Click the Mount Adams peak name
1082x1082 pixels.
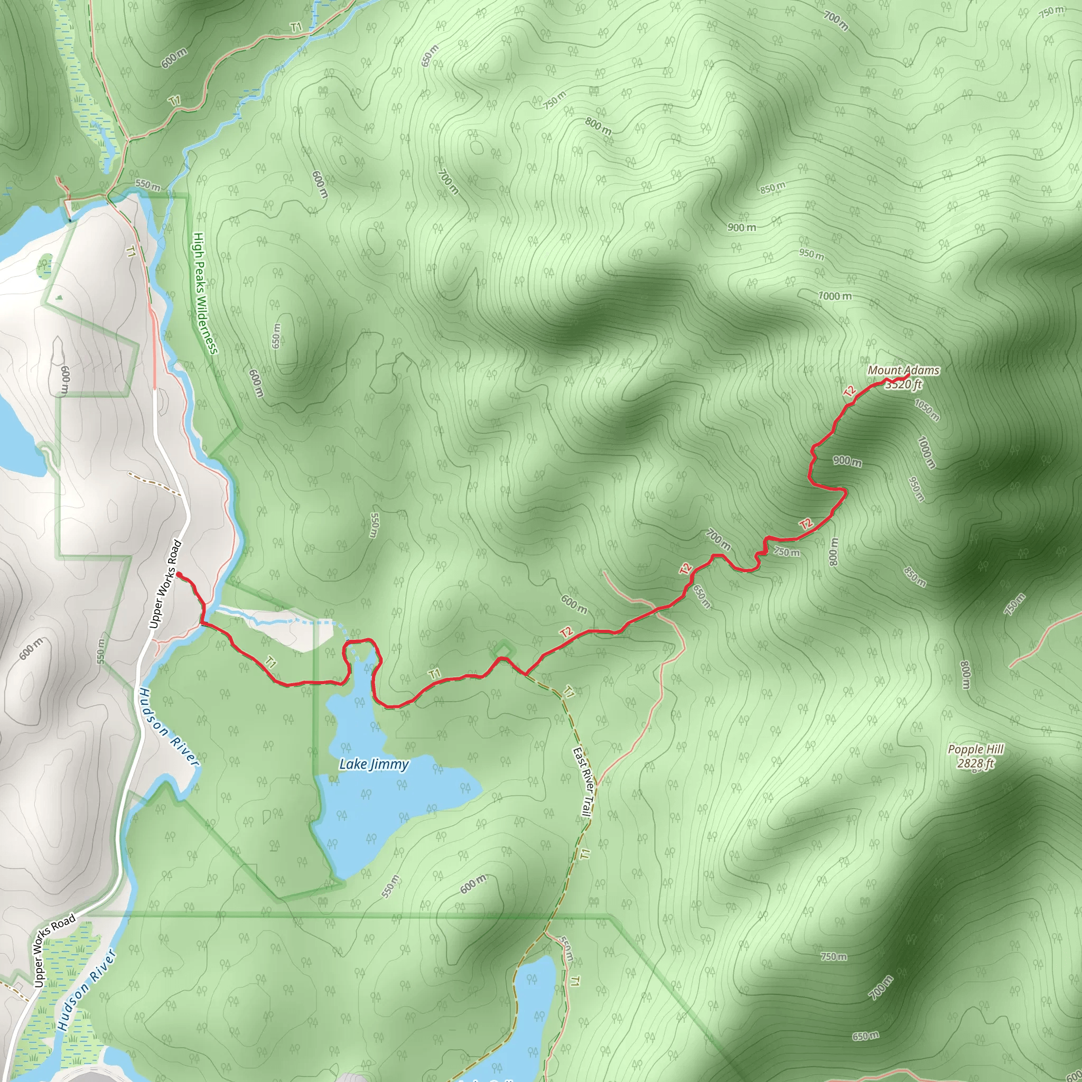[903, 370]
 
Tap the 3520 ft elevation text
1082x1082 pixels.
[903, 384]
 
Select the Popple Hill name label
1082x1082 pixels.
[976, 749]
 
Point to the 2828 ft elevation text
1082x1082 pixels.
[976, 763]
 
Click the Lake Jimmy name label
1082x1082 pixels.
[374, 764]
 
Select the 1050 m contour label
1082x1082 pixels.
[927, 410]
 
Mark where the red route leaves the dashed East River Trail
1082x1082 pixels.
[525, 674]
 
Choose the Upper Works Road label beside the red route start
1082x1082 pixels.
[166, 584]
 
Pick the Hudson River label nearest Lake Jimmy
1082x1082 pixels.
[169, 727]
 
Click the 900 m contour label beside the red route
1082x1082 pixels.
[847, 461]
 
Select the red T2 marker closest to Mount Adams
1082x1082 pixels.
[850, 391]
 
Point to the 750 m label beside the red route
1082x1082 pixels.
[787, 552]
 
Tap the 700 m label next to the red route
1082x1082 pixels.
[718, 540]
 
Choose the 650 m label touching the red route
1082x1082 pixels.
[702, 597]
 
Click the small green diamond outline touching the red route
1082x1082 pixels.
[503, 650]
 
